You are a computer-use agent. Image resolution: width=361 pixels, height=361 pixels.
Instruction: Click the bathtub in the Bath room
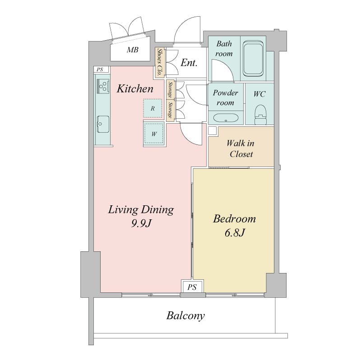[x=253, y=59]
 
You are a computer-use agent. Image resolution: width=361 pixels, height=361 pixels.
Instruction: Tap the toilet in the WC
[x=261, y=115]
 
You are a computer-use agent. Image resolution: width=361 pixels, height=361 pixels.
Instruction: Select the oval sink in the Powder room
[x=225, y=118]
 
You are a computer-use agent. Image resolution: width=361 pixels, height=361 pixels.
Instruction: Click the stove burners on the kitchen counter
[x=103, y=86]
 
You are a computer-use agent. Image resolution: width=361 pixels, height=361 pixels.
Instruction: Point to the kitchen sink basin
[x=103, y=124]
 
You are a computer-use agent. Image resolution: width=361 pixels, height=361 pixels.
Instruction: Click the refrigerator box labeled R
[x=153, y=108]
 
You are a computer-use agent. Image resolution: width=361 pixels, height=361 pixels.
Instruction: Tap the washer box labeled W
[x=154, y=134]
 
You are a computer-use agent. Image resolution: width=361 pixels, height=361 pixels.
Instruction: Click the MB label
[x=133, y=50]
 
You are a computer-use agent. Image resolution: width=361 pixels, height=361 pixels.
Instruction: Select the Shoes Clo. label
[x=159, y=62]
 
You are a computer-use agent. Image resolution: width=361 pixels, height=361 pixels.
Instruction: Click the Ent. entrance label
[x=189, y=63]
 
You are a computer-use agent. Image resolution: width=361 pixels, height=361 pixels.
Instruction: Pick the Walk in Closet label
[x=241, y=149]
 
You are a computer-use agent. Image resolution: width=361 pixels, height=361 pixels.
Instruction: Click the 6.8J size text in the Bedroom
[x=234, y=233]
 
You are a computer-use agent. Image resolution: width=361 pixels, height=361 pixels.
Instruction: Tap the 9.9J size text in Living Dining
[x=141, y=223]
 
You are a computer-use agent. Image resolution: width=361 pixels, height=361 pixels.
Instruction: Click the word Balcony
[x=185, y=316]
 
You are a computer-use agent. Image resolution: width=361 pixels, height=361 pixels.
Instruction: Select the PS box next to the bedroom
[x=192, y=287]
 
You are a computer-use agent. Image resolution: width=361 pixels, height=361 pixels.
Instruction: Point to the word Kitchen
[x=135, y=89]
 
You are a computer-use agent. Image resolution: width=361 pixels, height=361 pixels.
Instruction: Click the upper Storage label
[x=171, y=90]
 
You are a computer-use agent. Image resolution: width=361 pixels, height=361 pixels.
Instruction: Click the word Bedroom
[x=234, y=219]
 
